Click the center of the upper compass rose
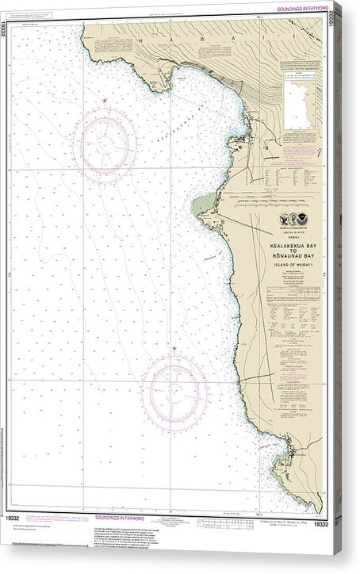(x=105, y=143)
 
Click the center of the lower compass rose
(x=174, y=392)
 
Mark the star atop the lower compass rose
(x=174, y=348)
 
